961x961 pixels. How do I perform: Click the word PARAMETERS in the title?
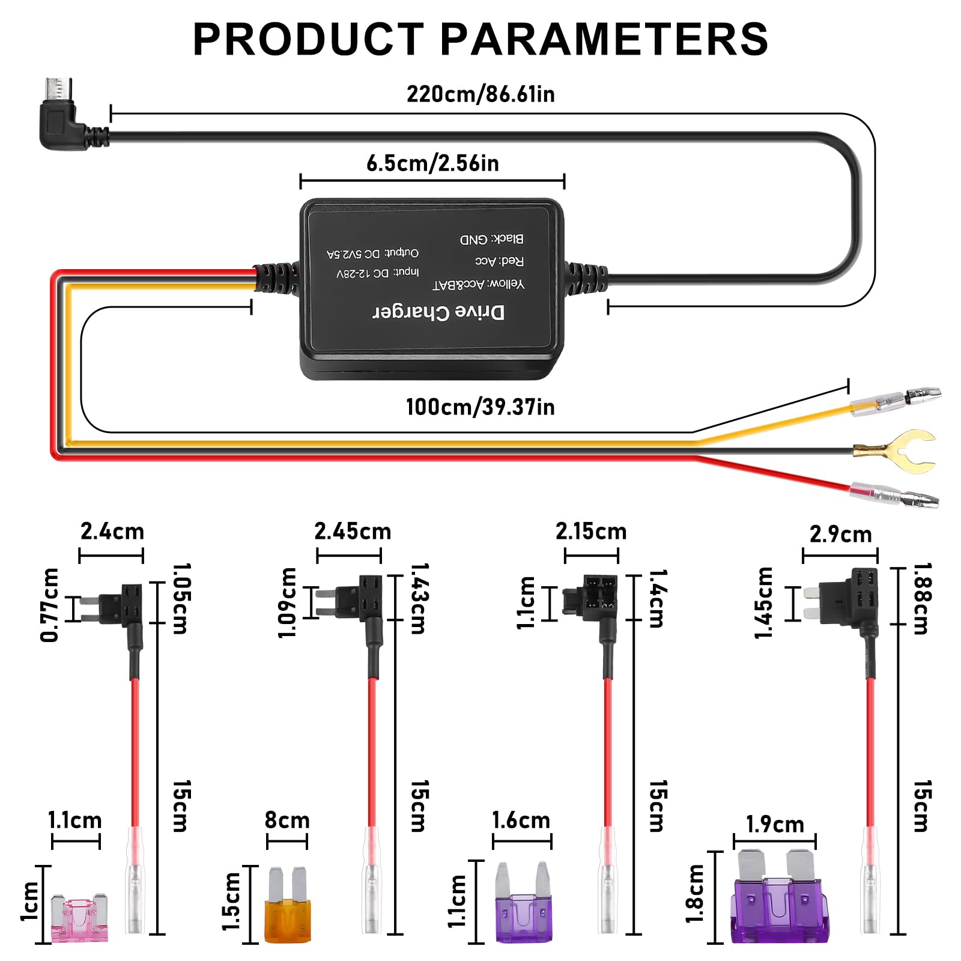click(x=604, y=40)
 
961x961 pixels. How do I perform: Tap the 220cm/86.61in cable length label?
click(x=480, y=94)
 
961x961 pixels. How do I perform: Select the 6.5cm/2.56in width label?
click(x=432, y=163)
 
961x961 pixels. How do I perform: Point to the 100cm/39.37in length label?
click(x=480, y=407)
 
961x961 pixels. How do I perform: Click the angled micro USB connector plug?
click(x=59, y=117)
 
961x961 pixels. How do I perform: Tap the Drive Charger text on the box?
click(x=438, y=312)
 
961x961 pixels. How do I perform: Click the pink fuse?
click(x=80, y=918)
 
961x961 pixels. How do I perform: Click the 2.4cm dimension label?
click(x=112, y=532)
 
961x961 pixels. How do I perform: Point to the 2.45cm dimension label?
click(x=353, y=532)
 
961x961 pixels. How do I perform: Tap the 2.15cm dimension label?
click(x=591, y=531)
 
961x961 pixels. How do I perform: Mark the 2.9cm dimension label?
click(x=840, y=534)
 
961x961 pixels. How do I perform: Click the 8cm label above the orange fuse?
click(x=287, y=820)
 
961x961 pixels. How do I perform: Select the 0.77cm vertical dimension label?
click(x=50, y=605)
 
